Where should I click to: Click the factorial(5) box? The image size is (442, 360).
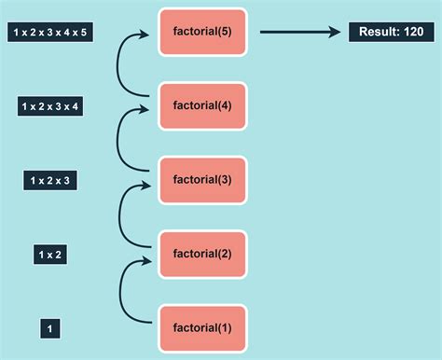(x=202, y=32)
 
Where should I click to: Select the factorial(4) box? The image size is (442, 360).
(x=202, y=105)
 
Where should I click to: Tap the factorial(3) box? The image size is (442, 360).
(x=202, y=179)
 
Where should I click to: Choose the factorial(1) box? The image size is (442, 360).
(x=202, y=327)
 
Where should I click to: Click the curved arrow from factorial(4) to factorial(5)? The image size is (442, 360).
(x=118, y=65)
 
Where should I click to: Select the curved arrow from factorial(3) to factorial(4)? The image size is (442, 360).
(x=118, y=140)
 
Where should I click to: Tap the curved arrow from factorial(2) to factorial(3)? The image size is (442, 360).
(x=120, y=215)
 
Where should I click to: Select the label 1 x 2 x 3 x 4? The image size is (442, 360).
(x=50, y=106)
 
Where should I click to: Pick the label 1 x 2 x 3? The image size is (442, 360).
(x=50, y=180)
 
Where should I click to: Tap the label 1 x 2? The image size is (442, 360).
(x=50, y=254)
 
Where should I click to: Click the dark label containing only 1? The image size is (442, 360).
(x=50, y=328)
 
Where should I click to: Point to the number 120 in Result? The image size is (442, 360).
(x=410, y=33)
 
